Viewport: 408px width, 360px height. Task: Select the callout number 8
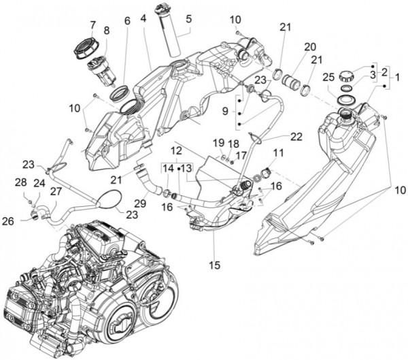coord(106,31)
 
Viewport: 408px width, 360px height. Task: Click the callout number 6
coord(126,22)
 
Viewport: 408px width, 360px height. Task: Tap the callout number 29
coord(141,204)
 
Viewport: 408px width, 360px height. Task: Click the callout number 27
coord(55,192)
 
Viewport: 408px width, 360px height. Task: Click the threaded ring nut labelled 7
coord(85,48)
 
